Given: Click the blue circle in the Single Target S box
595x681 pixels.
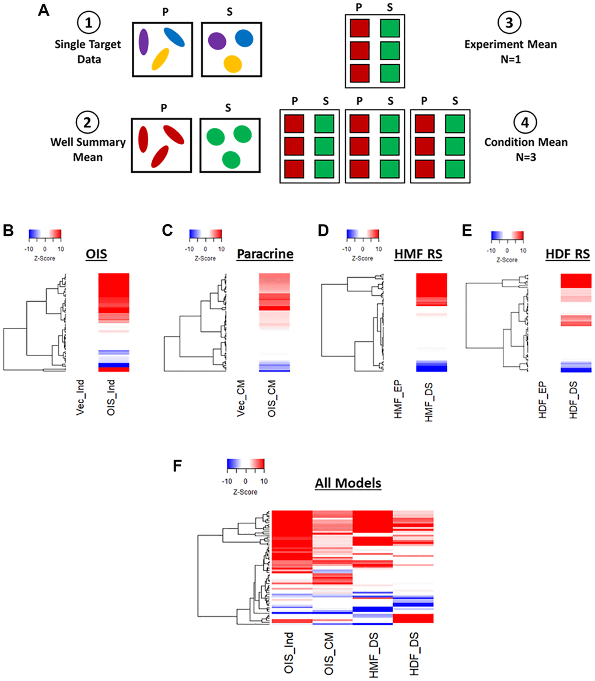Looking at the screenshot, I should [244, 39].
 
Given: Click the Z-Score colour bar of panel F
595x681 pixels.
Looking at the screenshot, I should [245, 464].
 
